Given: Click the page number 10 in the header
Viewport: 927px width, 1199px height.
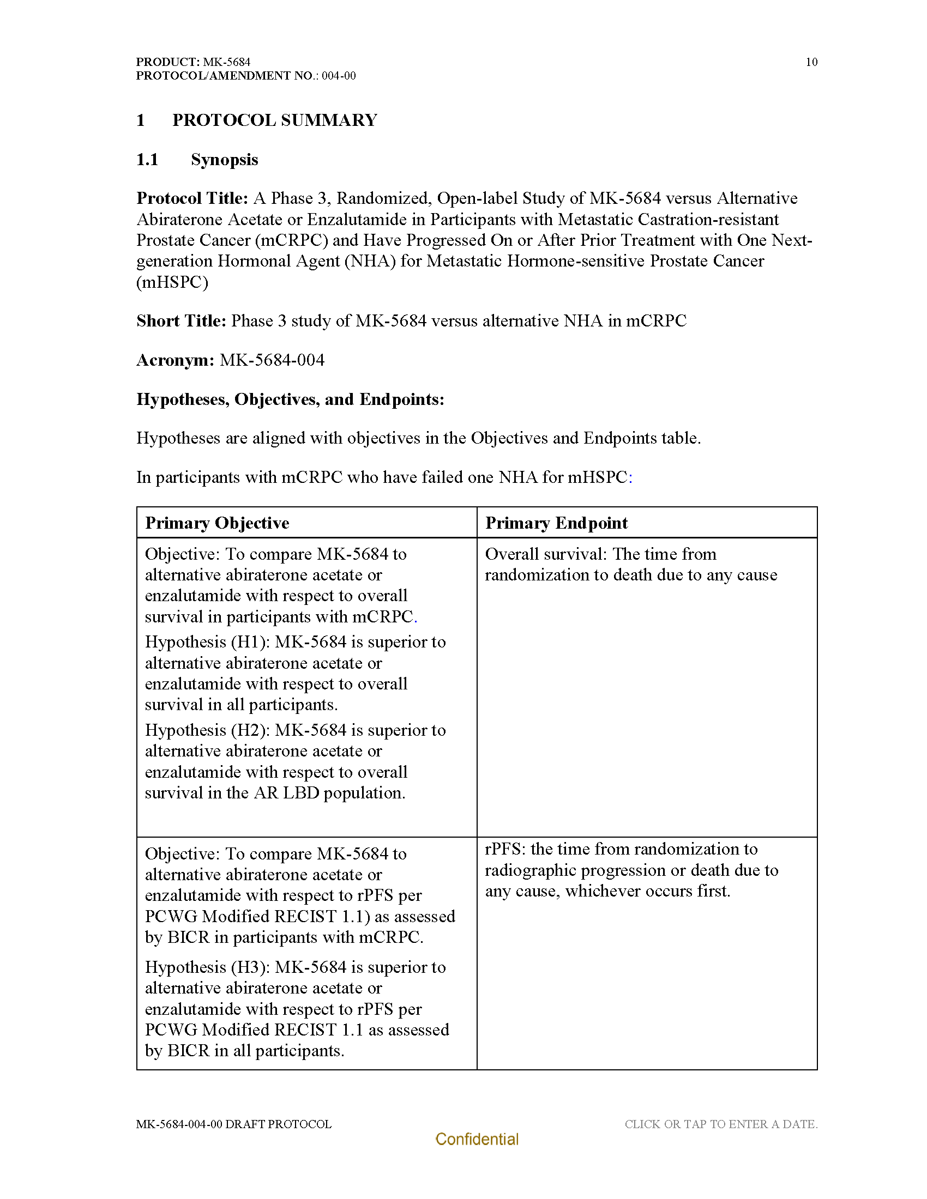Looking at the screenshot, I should point(811,62).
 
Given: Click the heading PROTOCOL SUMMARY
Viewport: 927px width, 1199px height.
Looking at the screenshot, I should point(275,120).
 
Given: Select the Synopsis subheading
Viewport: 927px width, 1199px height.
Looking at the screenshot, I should point(224,160).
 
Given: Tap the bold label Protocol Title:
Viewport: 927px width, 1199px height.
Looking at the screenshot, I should point(192,198).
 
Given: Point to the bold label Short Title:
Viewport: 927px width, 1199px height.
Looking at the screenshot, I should point(181,320).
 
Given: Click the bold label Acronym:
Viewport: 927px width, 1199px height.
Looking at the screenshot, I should point(175,360).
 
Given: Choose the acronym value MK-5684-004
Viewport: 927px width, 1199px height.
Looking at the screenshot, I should point(272,360).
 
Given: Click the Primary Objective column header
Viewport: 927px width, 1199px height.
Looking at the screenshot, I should point(217,523).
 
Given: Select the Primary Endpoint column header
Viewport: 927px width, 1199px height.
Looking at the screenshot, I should point(556,523).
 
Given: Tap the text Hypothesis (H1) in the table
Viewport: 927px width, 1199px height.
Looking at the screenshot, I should point(207,642).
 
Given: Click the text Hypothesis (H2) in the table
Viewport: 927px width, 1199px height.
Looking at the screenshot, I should point(207,730).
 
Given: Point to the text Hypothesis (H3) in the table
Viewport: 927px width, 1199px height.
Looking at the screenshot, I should point(207,967).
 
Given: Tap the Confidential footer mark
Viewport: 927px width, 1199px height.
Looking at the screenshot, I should point(477,1139).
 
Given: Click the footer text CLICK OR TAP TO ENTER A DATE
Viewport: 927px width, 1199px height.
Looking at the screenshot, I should point(720,1124).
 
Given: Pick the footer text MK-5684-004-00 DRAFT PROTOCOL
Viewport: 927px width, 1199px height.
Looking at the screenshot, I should point(234,1124).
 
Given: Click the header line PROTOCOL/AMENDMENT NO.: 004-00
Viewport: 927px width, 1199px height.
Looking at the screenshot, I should point(245,76).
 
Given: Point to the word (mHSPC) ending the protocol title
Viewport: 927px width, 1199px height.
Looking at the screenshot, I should point(172,282).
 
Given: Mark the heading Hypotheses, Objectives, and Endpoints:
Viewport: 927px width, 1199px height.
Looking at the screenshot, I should point(290,399).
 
